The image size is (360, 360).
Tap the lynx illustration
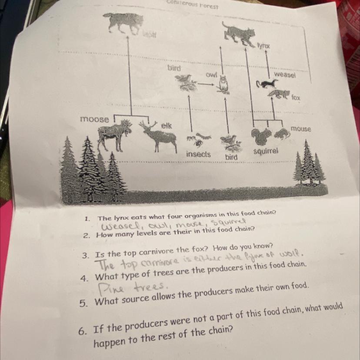point(237,33)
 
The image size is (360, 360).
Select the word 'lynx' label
point(263,45)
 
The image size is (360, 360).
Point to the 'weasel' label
point(285,75)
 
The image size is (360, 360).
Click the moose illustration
point(114,133)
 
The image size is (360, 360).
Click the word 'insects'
point(198,154)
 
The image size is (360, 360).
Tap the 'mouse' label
point(301,129)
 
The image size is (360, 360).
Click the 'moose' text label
point(94,119)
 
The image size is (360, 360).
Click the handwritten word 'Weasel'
point(118,228)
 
